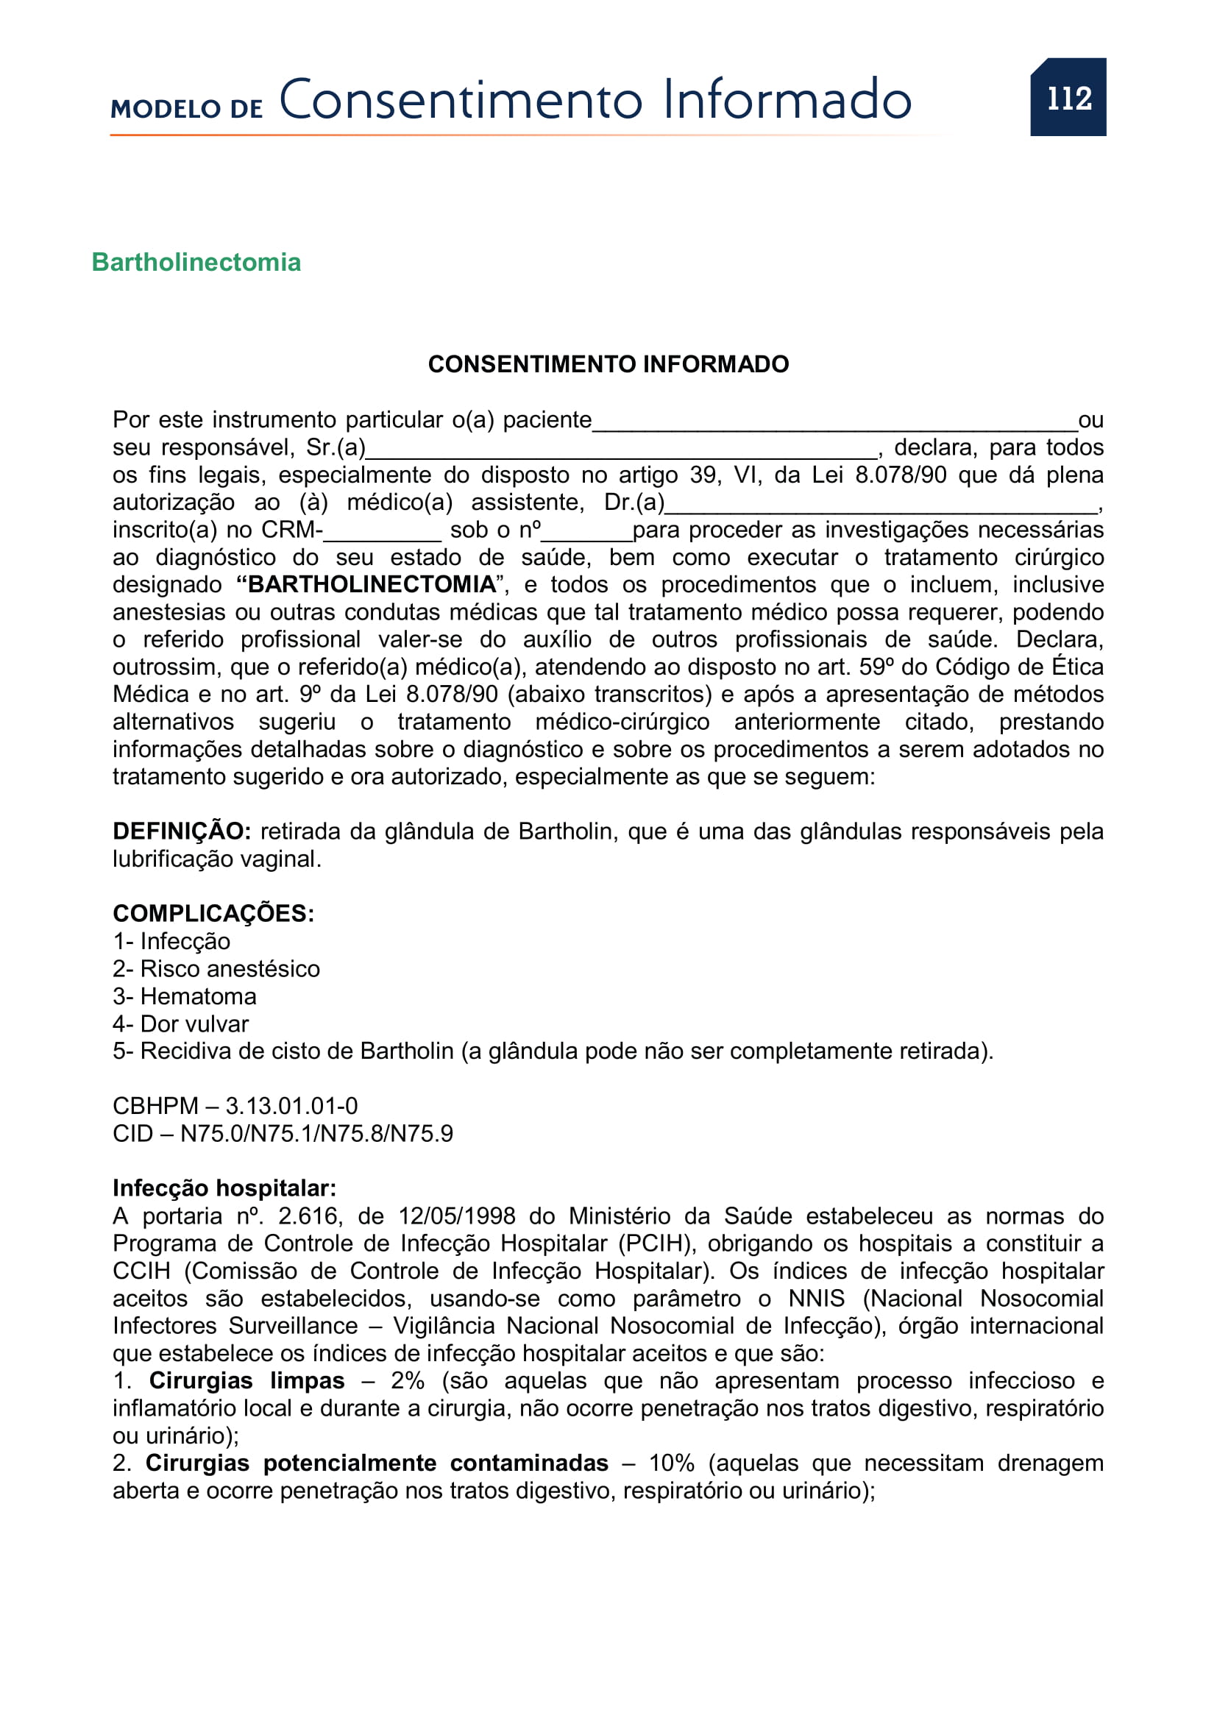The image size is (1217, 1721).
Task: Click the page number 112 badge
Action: [1068, 97]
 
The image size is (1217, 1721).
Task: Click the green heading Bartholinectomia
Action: [196, 263]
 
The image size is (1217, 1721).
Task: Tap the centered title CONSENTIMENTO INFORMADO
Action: [608, 364]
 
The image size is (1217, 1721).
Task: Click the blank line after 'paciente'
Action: [834, 425]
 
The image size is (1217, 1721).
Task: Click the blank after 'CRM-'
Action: [382, 534]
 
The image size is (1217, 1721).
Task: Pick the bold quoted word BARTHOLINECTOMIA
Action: [372, 584]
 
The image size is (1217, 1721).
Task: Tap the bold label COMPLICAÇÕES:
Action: [213, 914]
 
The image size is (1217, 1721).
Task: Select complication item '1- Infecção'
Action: [171, 942]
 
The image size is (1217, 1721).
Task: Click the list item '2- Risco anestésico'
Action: [216, 969]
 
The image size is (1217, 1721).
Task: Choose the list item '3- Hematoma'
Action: [185, 997]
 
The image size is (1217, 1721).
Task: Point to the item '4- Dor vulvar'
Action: [180, 1024]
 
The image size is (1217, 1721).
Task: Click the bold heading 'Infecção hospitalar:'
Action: [224, 1189]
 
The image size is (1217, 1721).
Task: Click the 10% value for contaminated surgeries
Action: [672, 1463]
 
